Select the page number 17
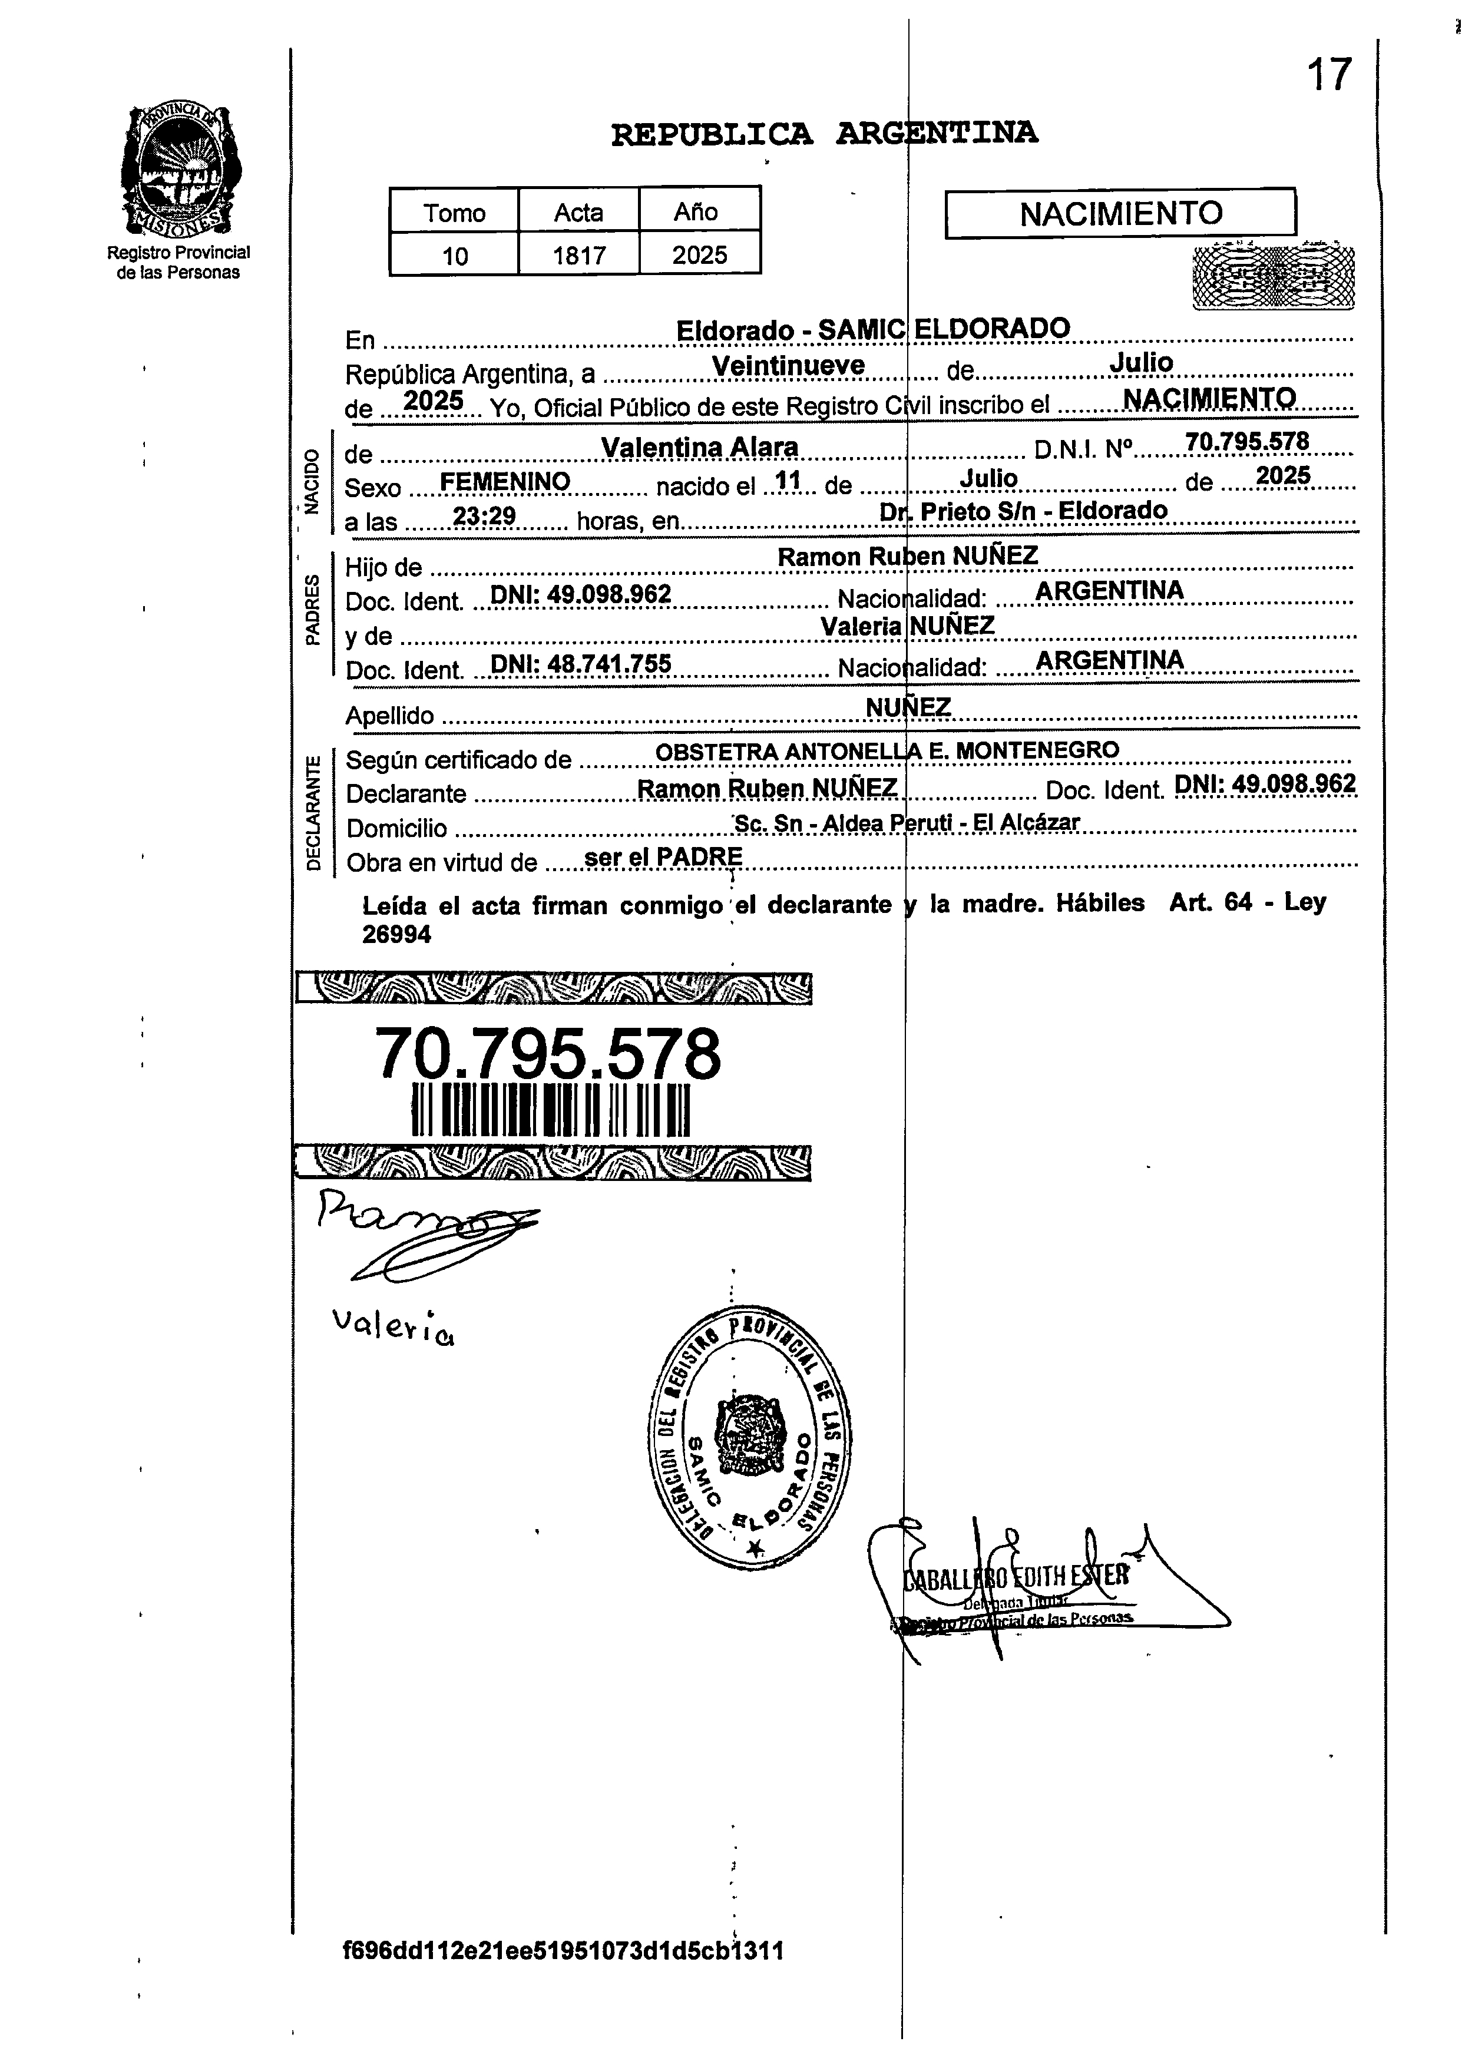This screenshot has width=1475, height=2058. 1329,74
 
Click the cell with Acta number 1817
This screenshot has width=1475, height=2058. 579,255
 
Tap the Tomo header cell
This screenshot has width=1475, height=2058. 454,212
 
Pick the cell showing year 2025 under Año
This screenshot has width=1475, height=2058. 700,255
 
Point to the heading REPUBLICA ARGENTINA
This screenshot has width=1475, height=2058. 824,133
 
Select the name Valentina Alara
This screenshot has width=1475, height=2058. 700,447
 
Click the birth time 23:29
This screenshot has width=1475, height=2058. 485,517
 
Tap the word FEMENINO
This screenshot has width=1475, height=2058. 505,482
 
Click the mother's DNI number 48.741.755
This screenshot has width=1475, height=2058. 581,664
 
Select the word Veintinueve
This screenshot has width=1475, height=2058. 788,366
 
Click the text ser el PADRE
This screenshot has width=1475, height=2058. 663,856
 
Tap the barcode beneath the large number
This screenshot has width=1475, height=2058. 551,1110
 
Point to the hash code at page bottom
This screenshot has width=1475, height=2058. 563,1950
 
